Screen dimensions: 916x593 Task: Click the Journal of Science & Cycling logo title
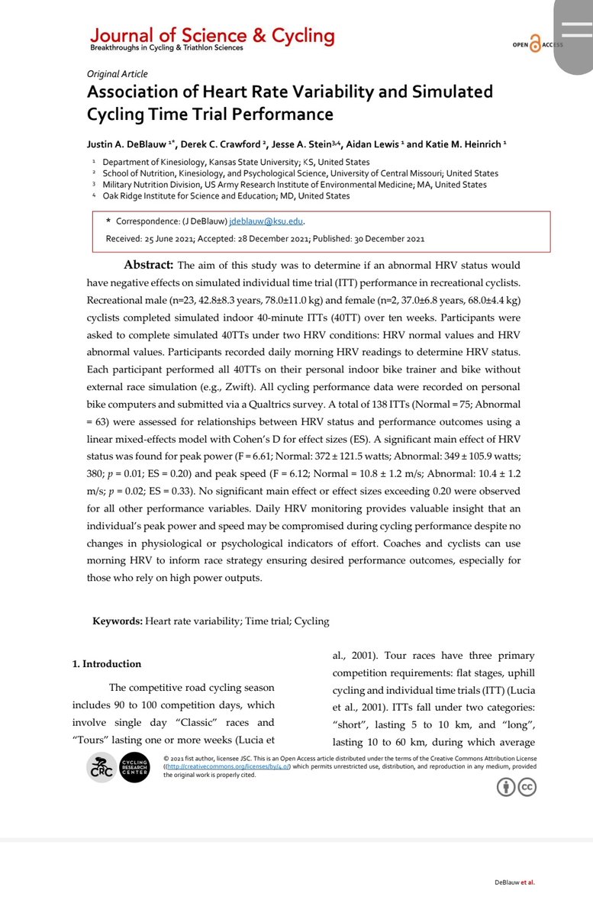(x=211, y=35)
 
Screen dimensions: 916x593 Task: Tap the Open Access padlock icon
(x=534, y=45)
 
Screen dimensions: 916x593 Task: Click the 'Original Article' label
(x=118, y=74)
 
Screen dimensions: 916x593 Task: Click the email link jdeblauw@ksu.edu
(x=272, y=221)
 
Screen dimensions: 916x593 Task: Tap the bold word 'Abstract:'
(x=149, y=265)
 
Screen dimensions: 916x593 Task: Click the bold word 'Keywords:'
(x=118, y=621)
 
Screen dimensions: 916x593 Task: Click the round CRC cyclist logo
(x=102, y=767)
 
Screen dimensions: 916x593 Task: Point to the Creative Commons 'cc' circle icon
(x=527, y=788)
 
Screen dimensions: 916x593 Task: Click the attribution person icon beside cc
(x=505, y=788)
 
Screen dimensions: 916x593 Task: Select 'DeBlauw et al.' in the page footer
(x=515, y=882)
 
